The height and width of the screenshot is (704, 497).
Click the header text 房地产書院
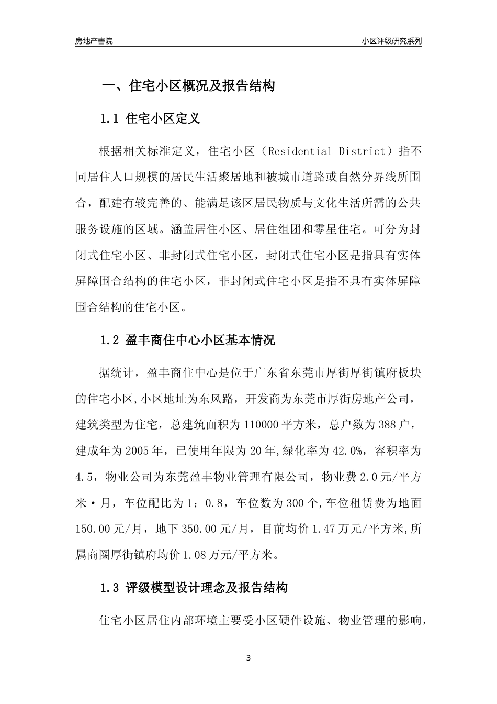click(94, 41)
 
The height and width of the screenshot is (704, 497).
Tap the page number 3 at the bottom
click(249, 658)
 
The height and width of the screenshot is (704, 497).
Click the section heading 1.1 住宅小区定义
click(150, 118)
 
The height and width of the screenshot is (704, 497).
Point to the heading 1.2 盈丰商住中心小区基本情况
click(187, 340)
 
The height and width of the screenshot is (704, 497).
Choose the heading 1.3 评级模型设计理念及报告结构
click(194, 588)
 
